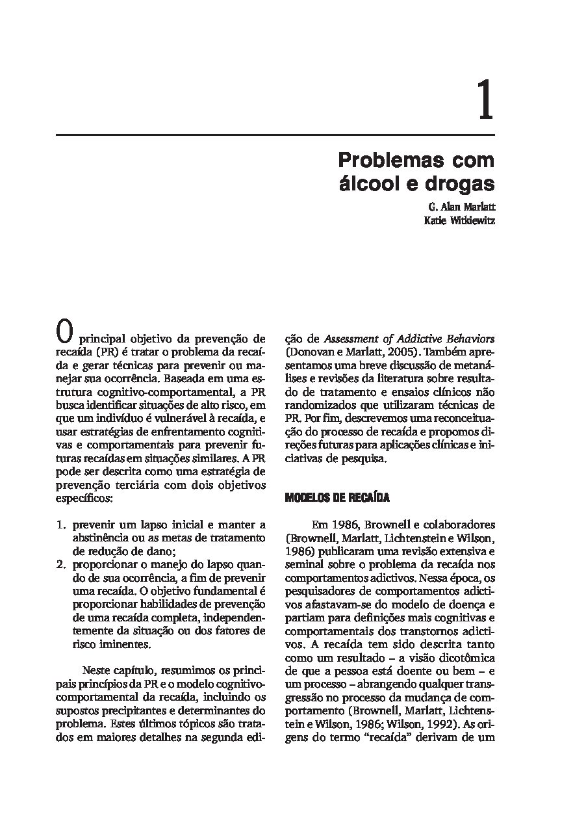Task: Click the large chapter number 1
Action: [485, 101]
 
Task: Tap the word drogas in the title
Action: [459, 183]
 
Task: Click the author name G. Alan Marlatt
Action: [461, 207]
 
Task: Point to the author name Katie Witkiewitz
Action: [459, 220]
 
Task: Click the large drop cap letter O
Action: [64, 333]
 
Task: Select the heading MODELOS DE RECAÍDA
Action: [337, 498]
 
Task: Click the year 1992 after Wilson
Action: [442, 724]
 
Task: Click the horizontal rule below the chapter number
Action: [275, 135]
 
